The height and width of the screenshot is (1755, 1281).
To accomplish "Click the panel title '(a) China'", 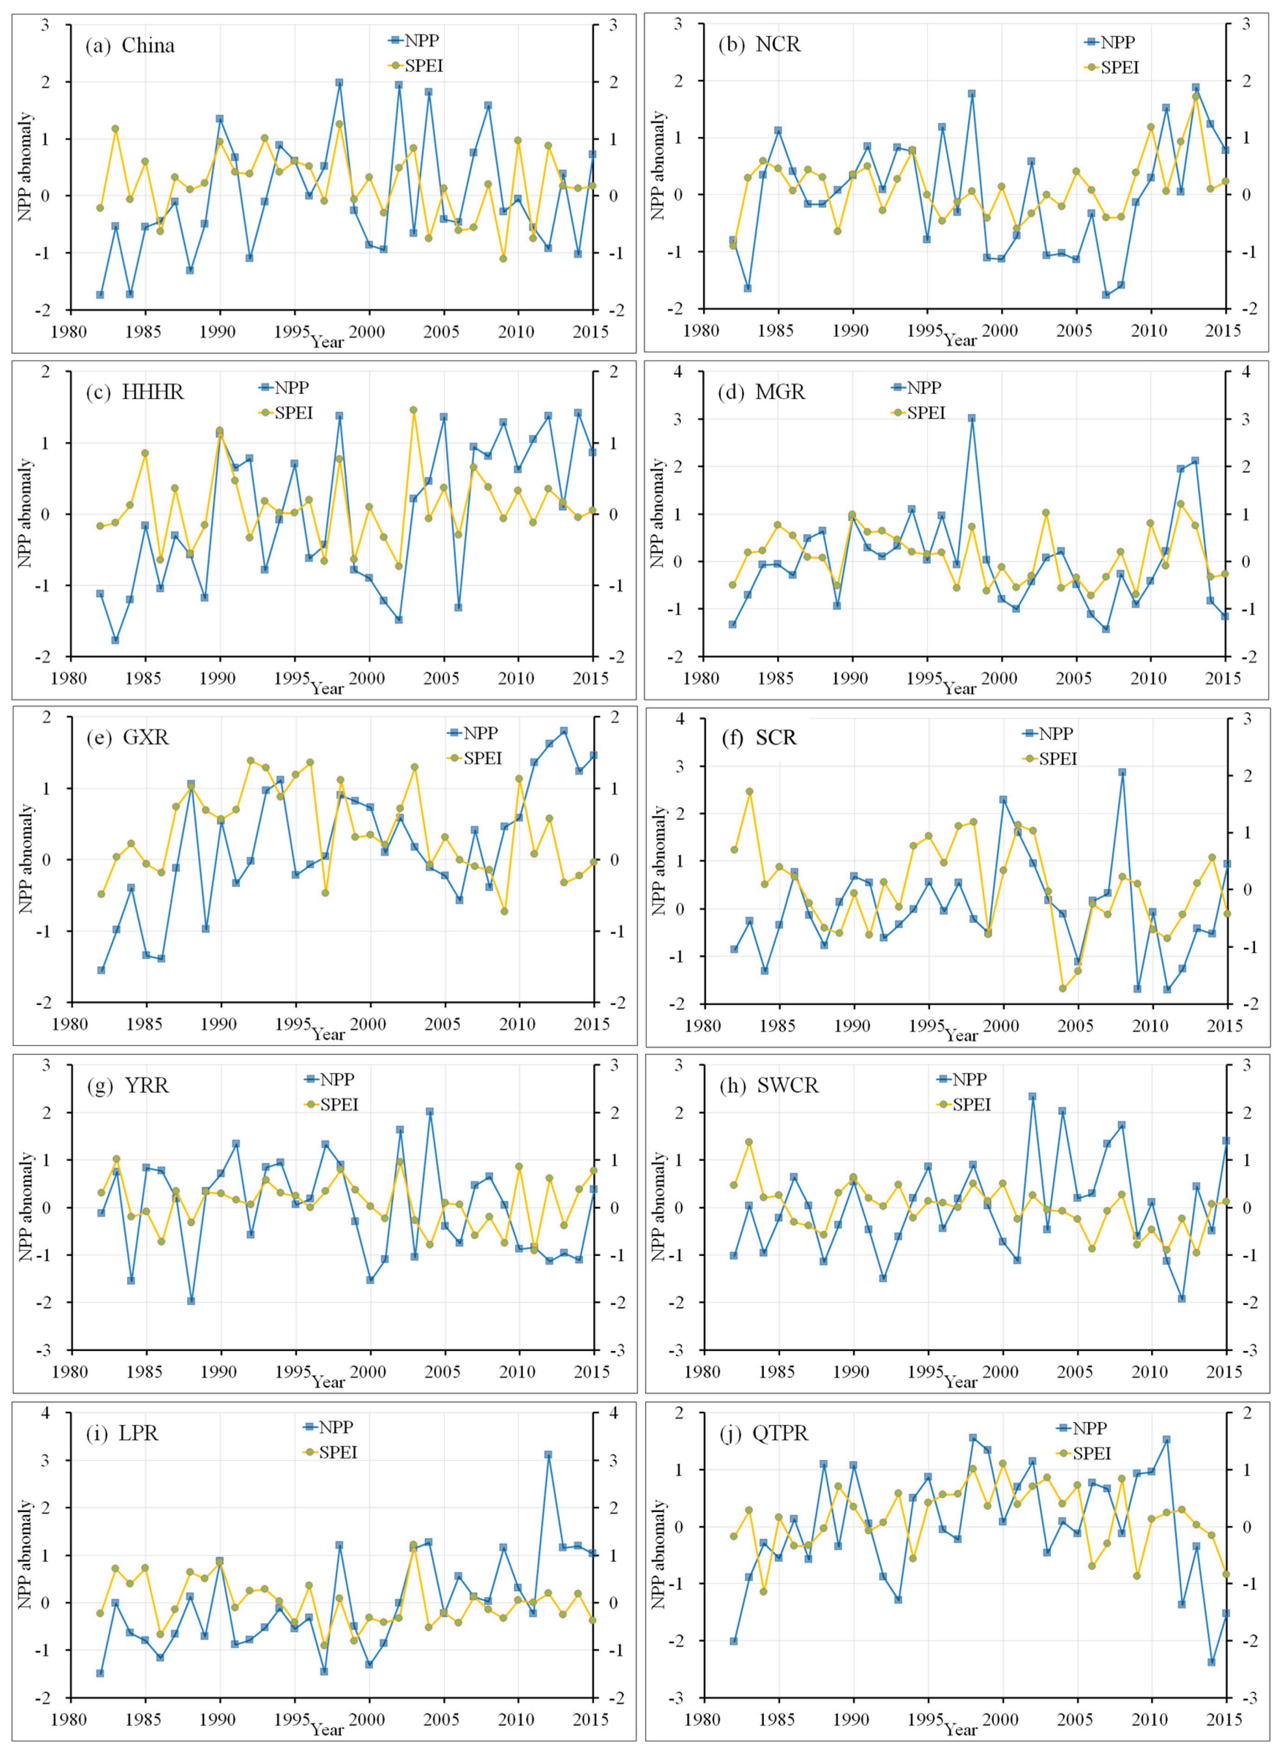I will (x=129, y=46).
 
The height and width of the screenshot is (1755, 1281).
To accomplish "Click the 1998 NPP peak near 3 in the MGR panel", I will (x=972, y=418).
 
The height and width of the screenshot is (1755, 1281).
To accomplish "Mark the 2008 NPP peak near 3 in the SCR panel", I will (x=1122, y=772).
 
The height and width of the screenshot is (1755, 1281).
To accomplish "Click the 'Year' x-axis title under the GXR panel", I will (x=328, y=1034).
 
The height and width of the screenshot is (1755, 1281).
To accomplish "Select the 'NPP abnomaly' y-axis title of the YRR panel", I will (x=26, y=1207).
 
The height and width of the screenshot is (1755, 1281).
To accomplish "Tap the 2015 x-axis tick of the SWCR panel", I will (x=1224, y=1372).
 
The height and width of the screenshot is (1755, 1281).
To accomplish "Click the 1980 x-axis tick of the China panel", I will (x=70, y=332).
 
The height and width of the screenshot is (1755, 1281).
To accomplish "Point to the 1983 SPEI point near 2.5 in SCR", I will (x=749, y=792).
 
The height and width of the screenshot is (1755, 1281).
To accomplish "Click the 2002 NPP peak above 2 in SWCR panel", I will (x=1032, y=1096).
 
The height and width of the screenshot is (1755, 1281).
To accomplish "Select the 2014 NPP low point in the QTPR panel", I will (x=1211, y=1661).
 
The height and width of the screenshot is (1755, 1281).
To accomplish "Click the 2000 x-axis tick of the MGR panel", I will (x=1001, y=679).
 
